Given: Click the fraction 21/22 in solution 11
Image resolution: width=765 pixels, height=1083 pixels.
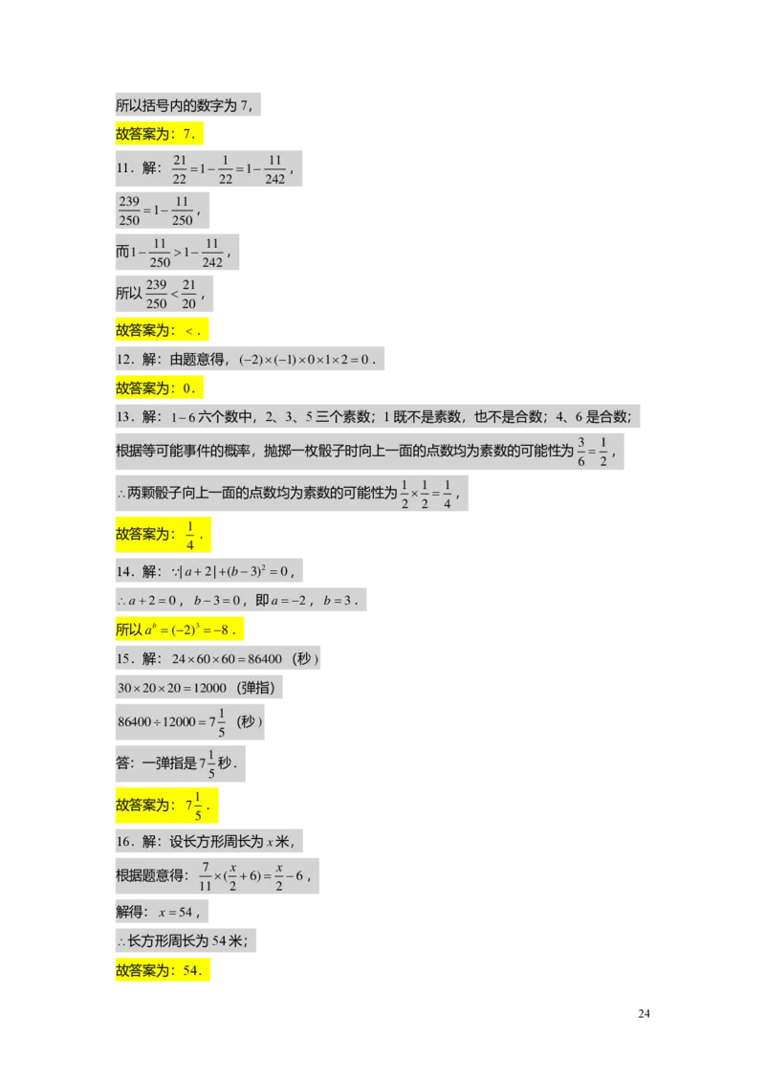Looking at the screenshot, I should (x=179, y=168).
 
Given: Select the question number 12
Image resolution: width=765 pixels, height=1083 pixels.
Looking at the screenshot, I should (x=125, y=360).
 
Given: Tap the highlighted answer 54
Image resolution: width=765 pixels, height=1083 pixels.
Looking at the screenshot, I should (x=192, y=971).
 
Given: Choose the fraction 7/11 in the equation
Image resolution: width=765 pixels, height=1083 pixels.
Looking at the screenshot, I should (x=205, y=875).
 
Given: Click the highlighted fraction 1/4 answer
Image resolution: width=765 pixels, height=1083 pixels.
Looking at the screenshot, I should (x=190, y=534).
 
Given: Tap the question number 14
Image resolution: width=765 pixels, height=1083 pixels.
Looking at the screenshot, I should (x=125, y=572).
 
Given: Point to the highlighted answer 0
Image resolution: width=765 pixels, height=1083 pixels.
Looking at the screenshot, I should (x=187, y=388).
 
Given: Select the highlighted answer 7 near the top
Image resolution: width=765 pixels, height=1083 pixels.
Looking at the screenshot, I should (x=188, y=135).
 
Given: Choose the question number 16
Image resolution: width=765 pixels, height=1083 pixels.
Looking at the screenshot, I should (x=125, y=842).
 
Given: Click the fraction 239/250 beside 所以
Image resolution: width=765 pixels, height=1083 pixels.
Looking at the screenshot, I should (x=157, y=295).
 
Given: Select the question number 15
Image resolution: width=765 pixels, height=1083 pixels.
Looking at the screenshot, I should (x=125, y=659).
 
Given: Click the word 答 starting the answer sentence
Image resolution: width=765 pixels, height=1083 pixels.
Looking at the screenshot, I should (x=122, y=763).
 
